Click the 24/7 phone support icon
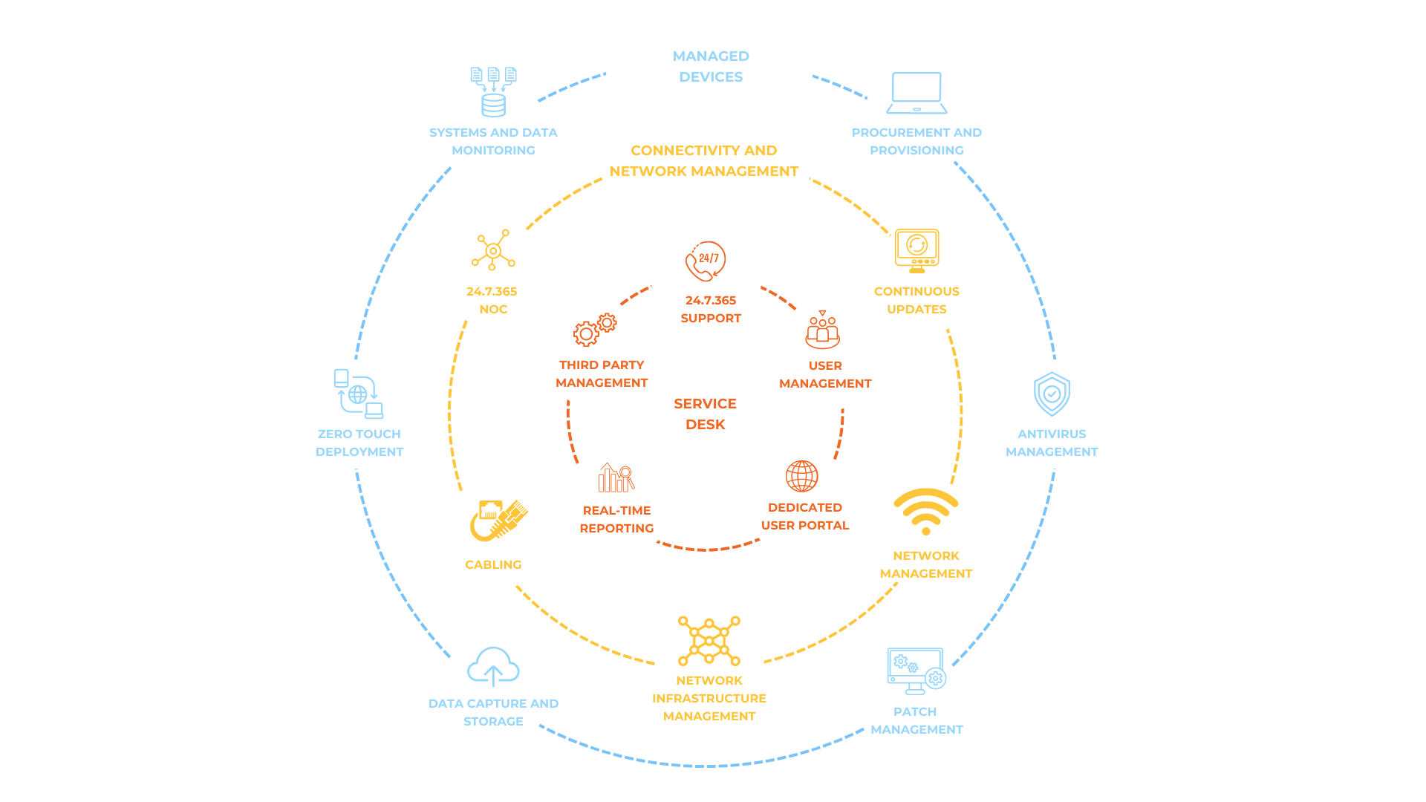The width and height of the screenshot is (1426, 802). (x=706, y=261)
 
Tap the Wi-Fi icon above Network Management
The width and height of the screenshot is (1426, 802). (x=926, y=511)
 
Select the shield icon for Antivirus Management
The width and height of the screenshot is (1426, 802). (x=1052, y=394)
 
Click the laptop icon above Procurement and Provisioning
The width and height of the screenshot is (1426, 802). (x=917, y=94)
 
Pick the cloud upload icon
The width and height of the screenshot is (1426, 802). (x=493, y=666)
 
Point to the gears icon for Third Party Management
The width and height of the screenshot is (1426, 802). (x=595, y=330)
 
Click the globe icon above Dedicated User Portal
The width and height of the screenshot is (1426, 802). (x=802, y=476)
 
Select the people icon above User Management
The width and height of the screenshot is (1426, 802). (x=823, y=330)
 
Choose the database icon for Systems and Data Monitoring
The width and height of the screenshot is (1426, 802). (x=493, y=92)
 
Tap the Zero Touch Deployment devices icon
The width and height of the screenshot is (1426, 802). (x=358, y=394)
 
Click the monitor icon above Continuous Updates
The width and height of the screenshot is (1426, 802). (x=917, y=250)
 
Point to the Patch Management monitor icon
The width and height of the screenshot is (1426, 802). (x=917, y=671)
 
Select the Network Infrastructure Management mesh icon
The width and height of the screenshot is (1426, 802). (x=709, y=640)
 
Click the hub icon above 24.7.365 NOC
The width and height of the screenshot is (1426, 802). (x=493, y=250)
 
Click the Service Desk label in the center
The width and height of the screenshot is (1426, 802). (x=706, y=414)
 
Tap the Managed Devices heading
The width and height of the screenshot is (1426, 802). (x=711, y=66)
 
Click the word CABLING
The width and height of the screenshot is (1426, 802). (x=493, y=564)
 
